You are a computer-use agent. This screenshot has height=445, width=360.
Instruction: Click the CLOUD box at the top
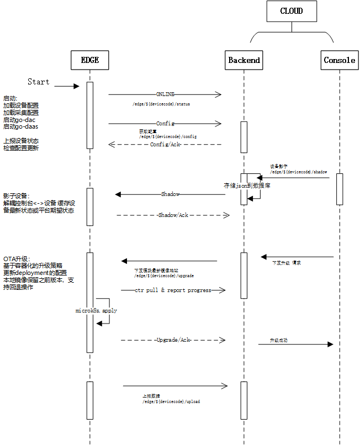(x=291, y=11)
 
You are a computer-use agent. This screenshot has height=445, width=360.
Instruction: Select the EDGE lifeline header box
(x=90, y=60)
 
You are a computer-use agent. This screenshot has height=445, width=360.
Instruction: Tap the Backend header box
(x=244, y=60)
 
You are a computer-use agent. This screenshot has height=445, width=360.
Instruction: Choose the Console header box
(x=340, y=60)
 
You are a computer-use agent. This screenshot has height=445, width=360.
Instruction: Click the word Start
(x=38, y=82)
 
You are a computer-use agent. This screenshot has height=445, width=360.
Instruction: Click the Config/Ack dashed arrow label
(x=165, y=144)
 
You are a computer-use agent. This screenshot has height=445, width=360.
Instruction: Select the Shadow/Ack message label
(x=172, y=215)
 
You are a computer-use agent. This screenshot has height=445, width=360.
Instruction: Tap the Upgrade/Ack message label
(x=173, y=340)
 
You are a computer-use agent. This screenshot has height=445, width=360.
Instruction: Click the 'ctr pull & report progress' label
(x=173, y=290)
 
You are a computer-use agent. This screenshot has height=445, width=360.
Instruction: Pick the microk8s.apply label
(x=96, y=311)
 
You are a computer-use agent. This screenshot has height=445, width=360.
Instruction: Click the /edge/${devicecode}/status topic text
(x=161, y=104)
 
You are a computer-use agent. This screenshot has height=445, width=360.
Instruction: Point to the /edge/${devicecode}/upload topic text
(x=171, y=401)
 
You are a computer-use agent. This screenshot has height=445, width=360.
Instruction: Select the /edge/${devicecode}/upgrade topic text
(x=164, y=275)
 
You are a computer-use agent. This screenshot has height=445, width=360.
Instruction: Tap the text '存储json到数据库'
(x=247, y=186)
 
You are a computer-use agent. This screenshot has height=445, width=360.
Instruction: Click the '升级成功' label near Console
(x=278, y=341)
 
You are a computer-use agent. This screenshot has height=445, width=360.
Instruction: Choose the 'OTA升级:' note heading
(x=17, y=258)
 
